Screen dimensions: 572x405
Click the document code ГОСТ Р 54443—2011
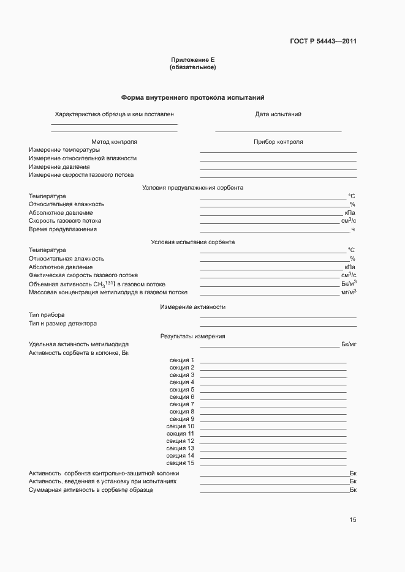coord(323,42)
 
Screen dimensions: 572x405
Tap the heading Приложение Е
coord(192,60)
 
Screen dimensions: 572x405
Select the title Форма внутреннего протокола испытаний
coord(192,98)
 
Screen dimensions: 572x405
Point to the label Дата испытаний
coord(278,114)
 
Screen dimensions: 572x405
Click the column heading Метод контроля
coord(114,142)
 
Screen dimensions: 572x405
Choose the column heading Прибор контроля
coord(278,142)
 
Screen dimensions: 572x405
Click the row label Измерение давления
coord(59,166)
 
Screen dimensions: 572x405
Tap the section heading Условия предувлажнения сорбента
coord(192,188)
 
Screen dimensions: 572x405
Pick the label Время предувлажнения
coord(62,229)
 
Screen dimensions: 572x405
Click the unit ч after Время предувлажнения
coord(353,229)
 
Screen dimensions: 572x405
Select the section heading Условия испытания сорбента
coord(192,242)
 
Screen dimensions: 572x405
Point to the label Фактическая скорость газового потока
coord(83,275)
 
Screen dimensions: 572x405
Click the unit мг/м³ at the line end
coord(349,292)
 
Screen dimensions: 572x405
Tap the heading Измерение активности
coord(192,306)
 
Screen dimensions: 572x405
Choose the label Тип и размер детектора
coord(62,324)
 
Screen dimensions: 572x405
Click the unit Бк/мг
coord(349,344)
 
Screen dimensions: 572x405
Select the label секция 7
coord(182,404)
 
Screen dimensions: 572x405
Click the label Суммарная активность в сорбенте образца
coord(91,491)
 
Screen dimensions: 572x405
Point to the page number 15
coord(353,520)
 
